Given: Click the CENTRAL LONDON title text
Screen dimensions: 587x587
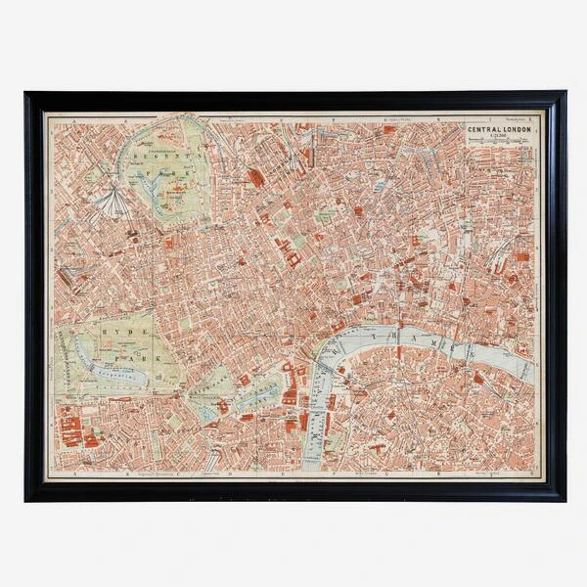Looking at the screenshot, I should point(499,128).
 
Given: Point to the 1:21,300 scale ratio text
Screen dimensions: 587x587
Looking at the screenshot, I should point(499,137).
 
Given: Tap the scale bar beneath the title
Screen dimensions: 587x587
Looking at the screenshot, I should point(499,144).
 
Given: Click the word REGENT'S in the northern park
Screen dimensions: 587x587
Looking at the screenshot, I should point(162,155).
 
